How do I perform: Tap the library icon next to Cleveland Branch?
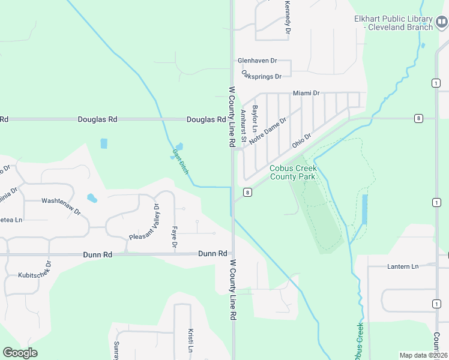coord(441,23)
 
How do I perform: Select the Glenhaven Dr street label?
coord(257,61)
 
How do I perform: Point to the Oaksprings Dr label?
coord(261,76)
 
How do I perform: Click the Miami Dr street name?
coord(306,93)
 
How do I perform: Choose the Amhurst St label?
coord(243,126)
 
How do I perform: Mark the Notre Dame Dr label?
coord(268,130)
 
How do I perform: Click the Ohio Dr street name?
coord(301,140)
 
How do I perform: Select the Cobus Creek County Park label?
coord(292,173)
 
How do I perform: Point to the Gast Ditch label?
coord(180,162)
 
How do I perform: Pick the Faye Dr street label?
coord(174,237)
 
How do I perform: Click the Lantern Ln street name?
coord(402,266)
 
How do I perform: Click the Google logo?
coord(20,353)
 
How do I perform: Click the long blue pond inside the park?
coord(365,209)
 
